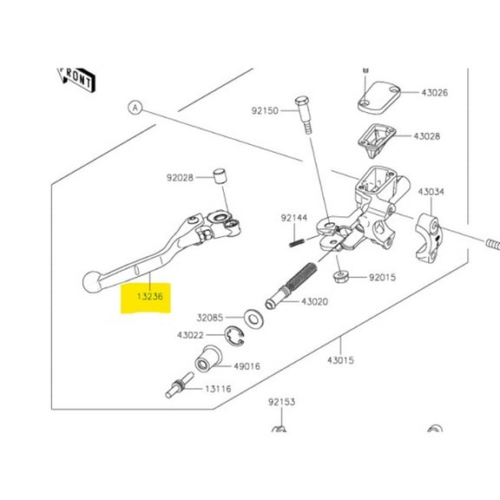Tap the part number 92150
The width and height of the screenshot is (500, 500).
coord(266,111)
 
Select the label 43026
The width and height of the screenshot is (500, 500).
coord(435,93)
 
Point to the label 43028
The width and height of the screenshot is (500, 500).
coord(426,136)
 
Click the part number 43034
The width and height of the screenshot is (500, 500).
coord(431,192)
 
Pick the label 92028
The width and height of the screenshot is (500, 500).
coord(181,177)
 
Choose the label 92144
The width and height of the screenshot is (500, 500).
coord(293,217)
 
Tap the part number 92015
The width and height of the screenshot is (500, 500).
coord(382,279)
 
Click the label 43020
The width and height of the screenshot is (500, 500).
coord(313,301)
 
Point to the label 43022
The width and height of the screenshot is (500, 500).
coord(191,335)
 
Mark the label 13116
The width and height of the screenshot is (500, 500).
coord(219,390)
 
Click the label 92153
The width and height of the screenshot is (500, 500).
coord(281,402)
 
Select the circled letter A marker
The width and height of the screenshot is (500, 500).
coord(135,108)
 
